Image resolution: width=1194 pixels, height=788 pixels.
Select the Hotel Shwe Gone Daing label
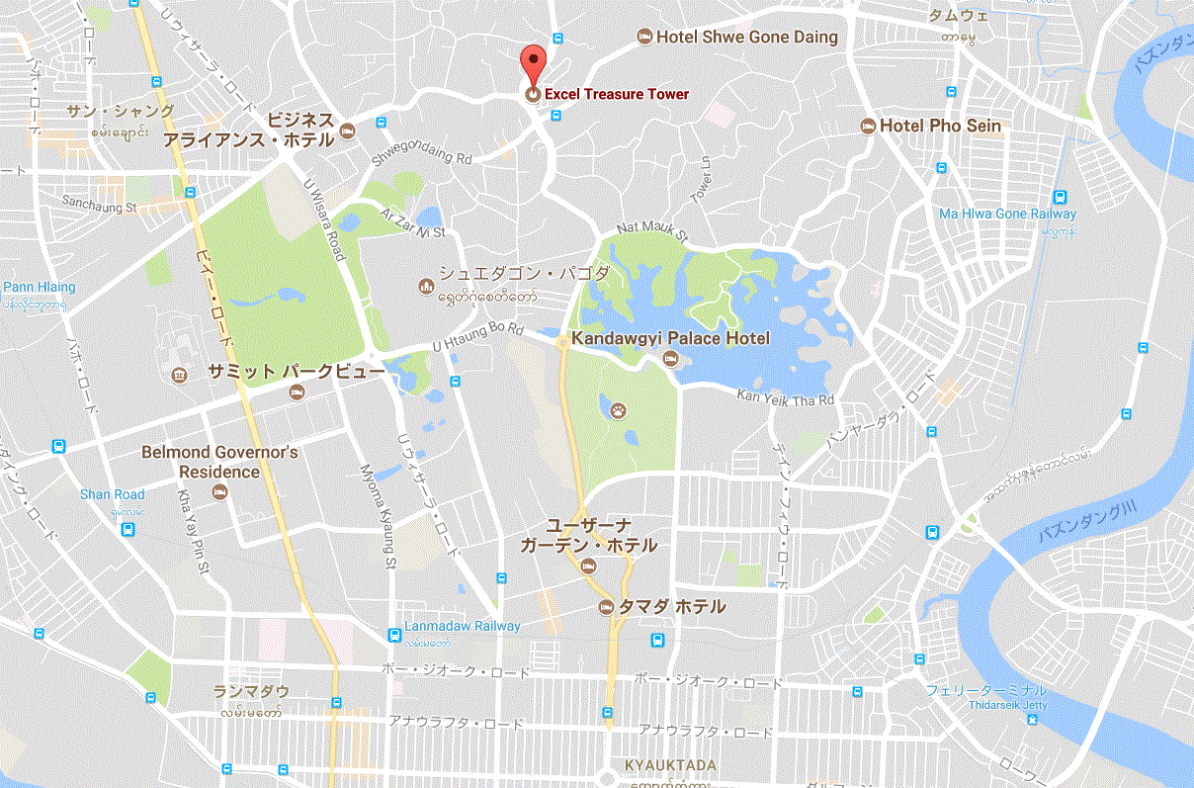point(747,38)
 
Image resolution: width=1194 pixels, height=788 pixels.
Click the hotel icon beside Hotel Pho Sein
point(869,126)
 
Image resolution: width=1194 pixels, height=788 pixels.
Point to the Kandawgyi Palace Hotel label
point(670,339)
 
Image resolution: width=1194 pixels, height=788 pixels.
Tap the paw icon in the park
point(619,407)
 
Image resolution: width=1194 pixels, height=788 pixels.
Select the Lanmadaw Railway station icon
point(395,634)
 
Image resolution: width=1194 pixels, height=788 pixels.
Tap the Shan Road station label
point(112,494)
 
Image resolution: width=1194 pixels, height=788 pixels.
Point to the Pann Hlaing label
point(39,287)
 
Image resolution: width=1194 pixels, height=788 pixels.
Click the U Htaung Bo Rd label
point(478,338)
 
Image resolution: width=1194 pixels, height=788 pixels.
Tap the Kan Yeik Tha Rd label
point(786,397)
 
